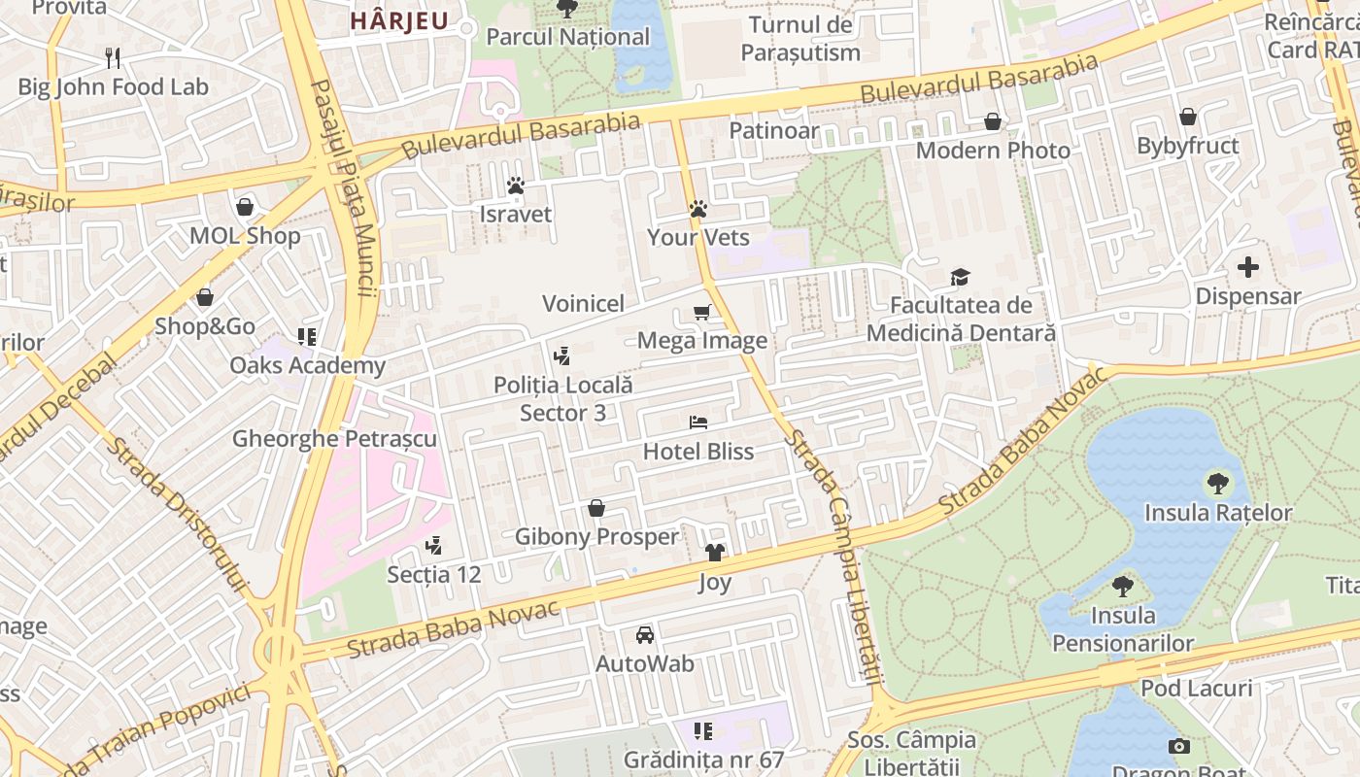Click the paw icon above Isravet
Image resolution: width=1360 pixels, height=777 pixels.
(x=515, y=185)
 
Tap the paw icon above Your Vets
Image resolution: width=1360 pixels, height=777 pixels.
(x=697, y=208)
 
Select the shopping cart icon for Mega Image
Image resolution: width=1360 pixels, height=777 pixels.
(x=701, y=312)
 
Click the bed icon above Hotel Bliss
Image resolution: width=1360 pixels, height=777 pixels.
(x=697, y=422)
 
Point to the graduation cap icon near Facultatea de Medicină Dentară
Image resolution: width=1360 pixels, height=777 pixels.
(x=960, y=277)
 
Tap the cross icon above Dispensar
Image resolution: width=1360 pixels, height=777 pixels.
(x=1248, y=267)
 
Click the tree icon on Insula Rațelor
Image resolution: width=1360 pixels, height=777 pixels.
(x=1216, y=483)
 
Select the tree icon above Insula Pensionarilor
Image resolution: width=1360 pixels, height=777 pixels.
(x=1123, y=586)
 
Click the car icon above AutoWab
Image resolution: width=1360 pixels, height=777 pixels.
(x=644, y=635)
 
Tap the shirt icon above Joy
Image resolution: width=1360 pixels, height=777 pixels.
(x=715, y=553)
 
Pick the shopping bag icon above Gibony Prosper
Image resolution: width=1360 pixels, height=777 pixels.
(x=596, y=508)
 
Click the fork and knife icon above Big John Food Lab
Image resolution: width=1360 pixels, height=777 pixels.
(x=113, y=58)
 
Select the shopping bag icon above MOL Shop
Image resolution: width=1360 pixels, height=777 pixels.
(x=245, y=207)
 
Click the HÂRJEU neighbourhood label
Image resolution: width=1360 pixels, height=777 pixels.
(x=398, y=20)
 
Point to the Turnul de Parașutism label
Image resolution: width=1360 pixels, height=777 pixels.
(x=800, y=39)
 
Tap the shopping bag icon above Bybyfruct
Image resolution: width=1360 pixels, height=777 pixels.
(x=1187, y=118)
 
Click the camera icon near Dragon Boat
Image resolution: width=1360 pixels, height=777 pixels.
(x=1178, y=746)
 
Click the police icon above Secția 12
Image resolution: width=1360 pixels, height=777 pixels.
(x=433, y=546)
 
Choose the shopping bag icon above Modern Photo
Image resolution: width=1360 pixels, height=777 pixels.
(x=992, y=121)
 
